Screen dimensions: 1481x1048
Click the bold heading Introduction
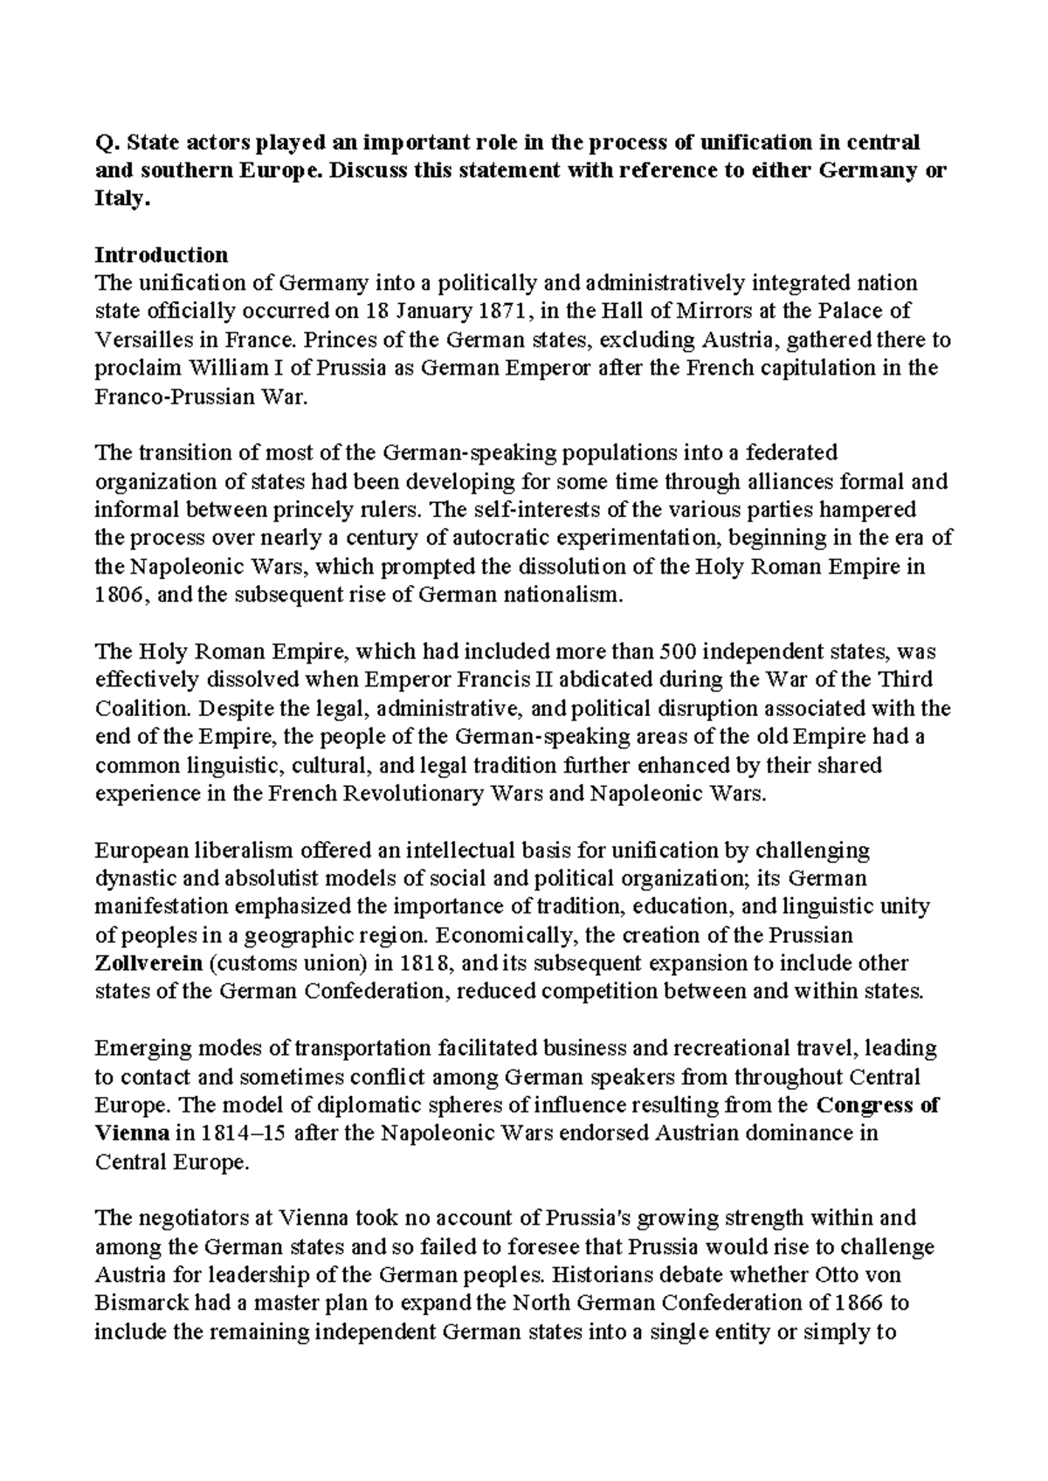coord(161,255)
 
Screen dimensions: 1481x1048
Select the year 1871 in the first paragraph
coord(507,312)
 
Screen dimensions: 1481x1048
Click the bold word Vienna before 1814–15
coord(132,1133)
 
